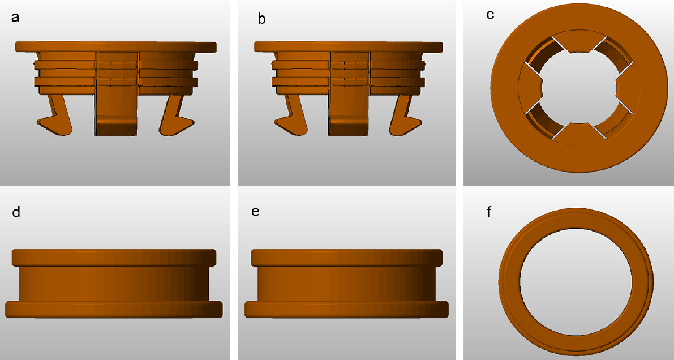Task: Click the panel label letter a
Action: click(x=15, y=18)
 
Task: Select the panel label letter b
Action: click(x=261, y=19)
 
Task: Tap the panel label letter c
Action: click(x=491, y=15)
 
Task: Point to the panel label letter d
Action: click(x=16, y=212)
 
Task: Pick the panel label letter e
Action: click(x=255, y=212)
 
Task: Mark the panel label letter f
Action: click(x=489, y=212)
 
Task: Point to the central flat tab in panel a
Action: click(x=116, y=94)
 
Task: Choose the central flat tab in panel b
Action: click(x=349, y=94)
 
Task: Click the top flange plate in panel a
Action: click(x=115, y=47)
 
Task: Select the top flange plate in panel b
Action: click(x=349, y=47)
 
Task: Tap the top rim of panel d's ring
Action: click(x=114, y=258)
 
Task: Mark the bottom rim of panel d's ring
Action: click(x=114, y=310)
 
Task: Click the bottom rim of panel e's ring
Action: click(x=346, y=310)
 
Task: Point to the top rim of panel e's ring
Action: click(x=346, y=258)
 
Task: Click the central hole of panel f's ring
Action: click(x=576, y=282)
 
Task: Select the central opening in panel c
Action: click(x=579, y=88)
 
